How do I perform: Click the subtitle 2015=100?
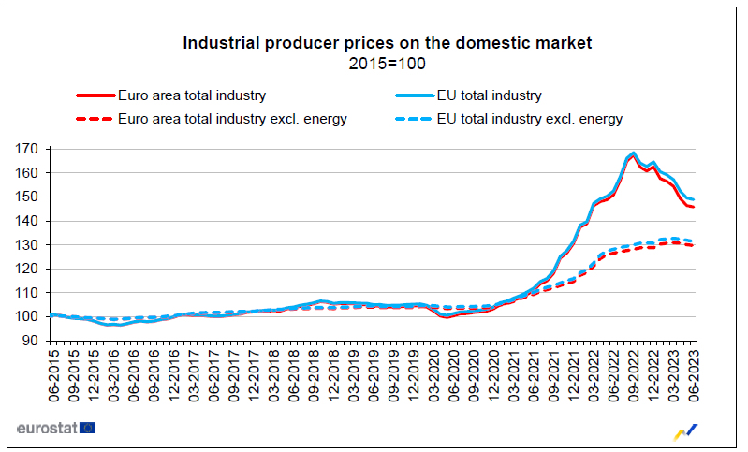click(387, 63)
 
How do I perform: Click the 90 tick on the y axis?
click(30, 341)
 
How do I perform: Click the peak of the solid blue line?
click(634, 153)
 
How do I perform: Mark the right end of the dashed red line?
click(693, 245)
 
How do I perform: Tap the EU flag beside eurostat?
click(87, 428)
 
